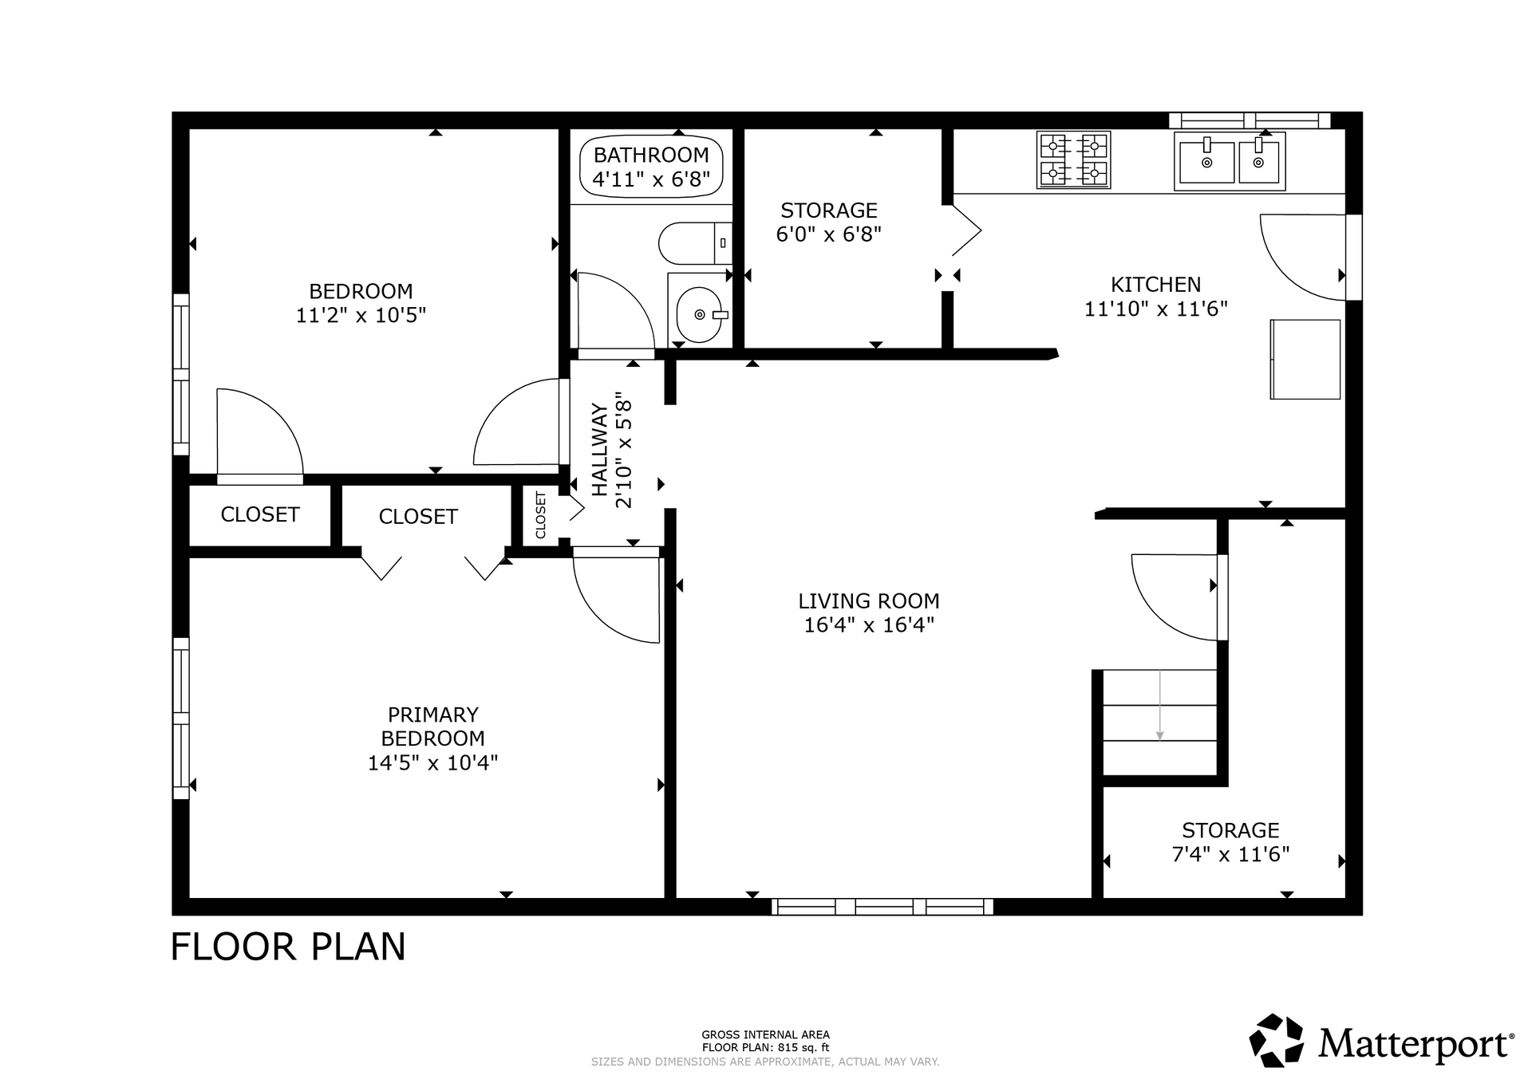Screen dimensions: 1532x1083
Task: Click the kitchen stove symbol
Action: pos(1073,160)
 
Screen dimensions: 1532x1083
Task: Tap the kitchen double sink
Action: pos(1230,161)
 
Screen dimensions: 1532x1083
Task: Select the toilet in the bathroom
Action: pos(695,243)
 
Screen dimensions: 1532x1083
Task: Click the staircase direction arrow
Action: pos(1159,705)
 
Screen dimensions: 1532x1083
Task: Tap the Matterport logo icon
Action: pos(1276,1040)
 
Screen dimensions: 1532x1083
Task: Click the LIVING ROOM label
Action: pos(869,601)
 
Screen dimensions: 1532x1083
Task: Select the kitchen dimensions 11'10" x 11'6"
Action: pos(1155,309)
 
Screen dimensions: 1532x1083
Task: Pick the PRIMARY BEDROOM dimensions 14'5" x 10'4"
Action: pos(432,762)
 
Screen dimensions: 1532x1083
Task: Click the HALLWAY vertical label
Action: pos(599,450)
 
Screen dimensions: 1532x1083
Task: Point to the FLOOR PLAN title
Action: pos(288,947)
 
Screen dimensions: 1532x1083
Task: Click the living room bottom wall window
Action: pos(882,906)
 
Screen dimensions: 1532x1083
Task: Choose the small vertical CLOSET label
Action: pos(540,514)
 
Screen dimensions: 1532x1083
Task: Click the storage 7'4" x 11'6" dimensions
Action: pos(1230,854)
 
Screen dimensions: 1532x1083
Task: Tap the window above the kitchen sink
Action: pos(1250,120)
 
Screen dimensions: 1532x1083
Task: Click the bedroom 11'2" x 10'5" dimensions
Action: pos(361,315)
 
